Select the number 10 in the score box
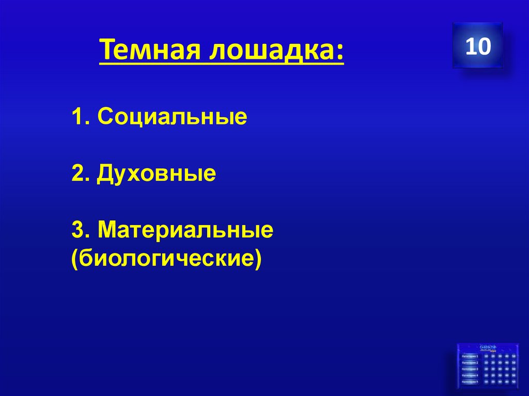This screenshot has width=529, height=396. coord(477,46)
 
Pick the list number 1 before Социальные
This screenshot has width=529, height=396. coord(79,118)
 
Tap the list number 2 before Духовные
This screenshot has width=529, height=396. coord(79,174)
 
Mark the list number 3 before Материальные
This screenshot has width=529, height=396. coord(79,230)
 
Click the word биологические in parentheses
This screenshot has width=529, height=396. coord(164,257)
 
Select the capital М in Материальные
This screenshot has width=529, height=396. coord(105,230)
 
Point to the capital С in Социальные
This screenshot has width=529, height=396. coord(103,118)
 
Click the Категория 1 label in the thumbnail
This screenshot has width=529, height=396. coord(470,356)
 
